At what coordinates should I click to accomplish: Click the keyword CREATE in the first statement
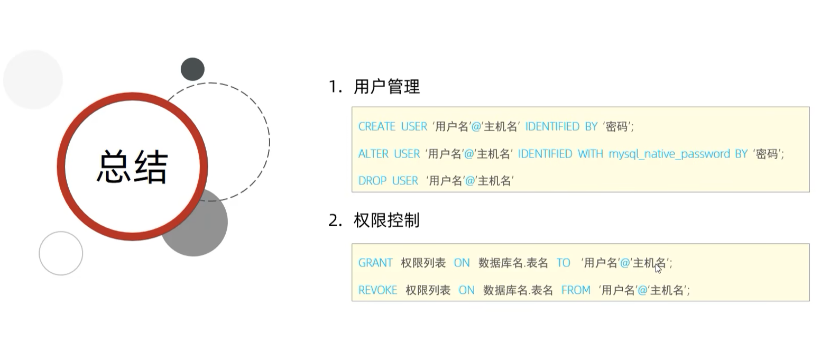(x=376, y=127)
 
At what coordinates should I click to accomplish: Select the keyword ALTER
(x=374, y=154)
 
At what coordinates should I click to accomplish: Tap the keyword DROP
(x=373, y=181)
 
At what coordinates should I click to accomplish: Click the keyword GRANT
(x=375, y=263)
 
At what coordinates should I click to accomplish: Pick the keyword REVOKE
(x=377, y=290)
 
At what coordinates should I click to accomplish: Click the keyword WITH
(x=590, y=154)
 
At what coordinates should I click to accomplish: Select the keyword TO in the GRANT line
(x=563, y=263)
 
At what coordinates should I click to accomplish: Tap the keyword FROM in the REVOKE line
(x=576, y=290)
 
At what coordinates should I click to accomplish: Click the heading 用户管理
(x=386, y=87)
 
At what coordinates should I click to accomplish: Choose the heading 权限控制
(x=386, y=220)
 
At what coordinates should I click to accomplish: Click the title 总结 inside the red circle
(x=132, y=167)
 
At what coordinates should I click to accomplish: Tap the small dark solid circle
(x=192, y=69)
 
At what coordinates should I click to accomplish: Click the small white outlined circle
(x=61, y=253)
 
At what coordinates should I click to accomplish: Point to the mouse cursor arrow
(x=658, y=269)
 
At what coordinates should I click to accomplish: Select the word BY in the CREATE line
(x=591, y=127)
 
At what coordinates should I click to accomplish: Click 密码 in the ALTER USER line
(x=767, y=154)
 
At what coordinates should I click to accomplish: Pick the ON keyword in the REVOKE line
(x=466, y=290)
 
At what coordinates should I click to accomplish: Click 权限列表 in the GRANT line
(x=423, y=263)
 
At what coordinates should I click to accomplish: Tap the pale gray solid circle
(x=33, y=79)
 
